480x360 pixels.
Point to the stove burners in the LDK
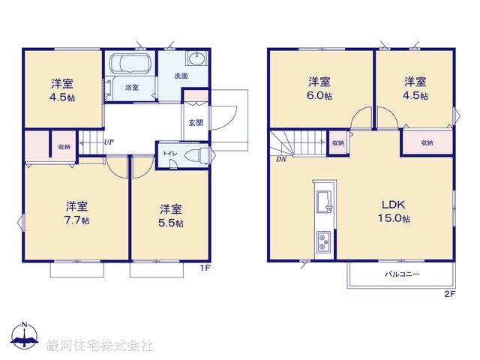tap(325, 242)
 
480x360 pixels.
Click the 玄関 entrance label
tap(195, 122)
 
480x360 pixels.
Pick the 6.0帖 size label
tap(320, 96)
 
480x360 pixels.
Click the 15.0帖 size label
tap(394, 219)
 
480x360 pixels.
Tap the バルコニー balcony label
tap(402, 274)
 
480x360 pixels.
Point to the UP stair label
tap(109, 142)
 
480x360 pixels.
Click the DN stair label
tap(280, 159)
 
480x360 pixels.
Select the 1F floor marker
tap(203, 268)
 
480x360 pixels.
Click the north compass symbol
tap(25, 336)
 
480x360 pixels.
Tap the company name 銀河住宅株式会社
tap(100, 346)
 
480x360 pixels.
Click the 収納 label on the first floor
tap(64, 146)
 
